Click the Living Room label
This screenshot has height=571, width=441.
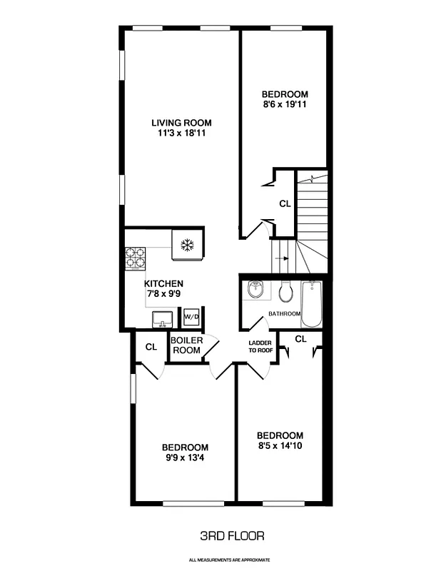pos(186,122)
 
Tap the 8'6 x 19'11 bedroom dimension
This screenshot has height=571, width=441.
pos(284,105)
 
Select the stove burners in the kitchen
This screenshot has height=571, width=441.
pos(135,256)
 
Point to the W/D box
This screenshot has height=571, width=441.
pos(191,316)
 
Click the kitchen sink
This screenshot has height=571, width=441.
pos(161,318)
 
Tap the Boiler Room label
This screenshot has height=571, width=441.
pos(186,345)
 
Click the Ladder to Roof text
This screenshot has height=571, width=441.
pos(260,346)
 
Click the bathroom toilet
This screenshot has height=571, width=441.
pos(286,291)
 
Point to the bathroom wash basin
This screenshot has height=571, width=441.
pos(256,290)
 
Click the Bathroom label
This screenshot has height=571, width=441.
pos(284,314)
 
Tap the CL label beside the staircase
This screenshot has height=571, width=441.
pos(285,203)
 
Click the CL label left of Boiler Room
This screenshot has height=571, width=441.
pos(151,347)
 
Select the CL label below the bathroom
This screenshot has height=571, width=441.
pos(300,338)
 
